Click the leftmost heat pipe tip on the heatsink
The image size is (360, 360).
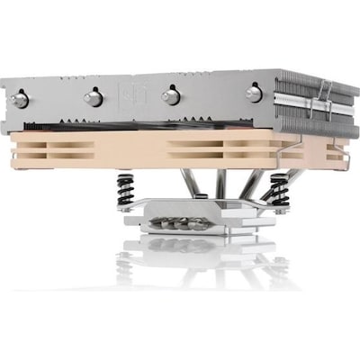(x=20, y=99)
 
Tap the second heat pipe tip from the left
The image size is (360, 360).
(x=92, y=97)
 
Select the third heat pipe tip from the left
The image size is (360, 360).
(x=170, y=95)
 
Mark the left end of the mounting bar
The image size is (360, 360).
(x=121, y=209)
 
